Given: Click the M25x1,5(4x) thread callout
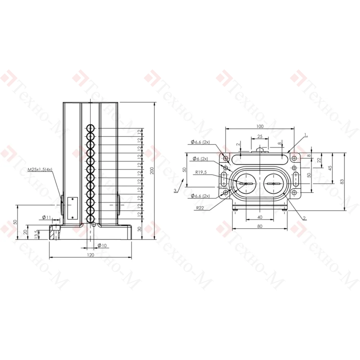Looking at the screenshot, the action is pyautogui.click(x=40, y=170).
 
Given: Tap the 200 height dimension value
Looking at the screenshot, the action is pyautogui.click(x=152, y=171).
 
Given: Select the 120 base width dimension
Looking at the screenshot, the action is pyautogui.click(x=91, y=255).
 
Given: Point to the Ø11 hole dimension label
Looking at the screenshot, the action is pyautogui.click(x=46, y=217).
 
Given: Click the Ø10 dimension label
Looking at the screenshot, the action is pyautogui.click(x=102, y=246).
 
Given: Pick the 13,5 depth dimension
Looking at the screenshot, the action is pyautogui.click(x=36, y=234).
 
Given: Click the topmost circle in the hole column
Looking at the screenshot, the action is pyautogui.click(x=90, y=128).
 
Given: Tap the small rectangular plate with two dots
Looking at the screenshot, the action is pyautogui.click(x=73, y=208).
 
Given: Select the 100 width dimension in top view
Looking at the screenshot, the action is pyautogui.click(x=260, y=126).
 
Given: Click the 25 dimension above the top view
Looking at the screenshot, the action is pyautogui.click(x=260, y=136).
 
